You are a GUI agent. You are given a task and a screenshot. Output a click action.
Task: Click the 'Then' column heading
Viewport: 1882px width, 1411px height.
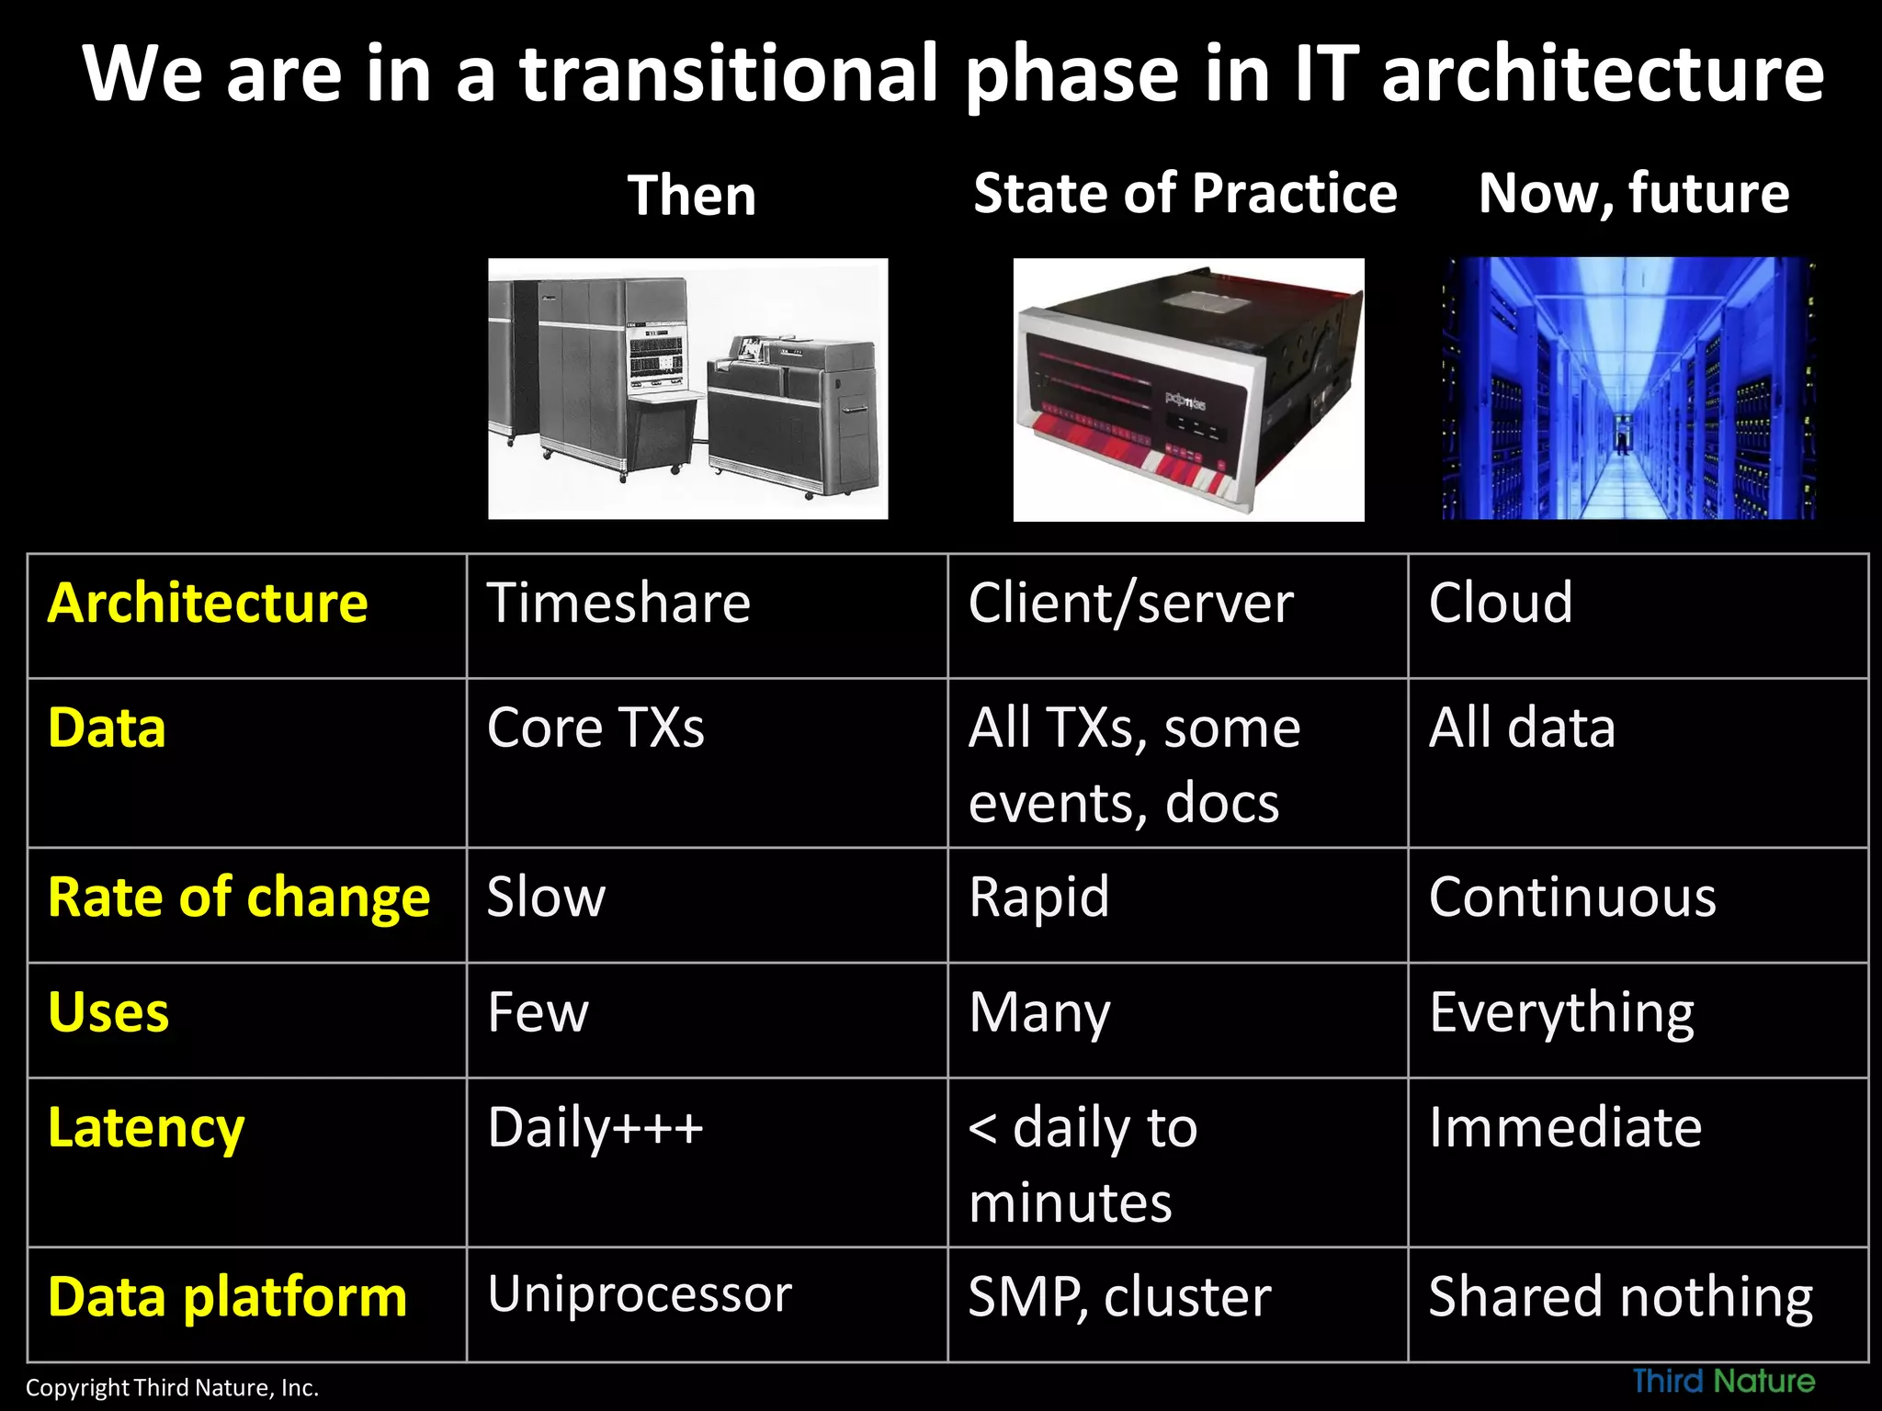click(x=692, y=196)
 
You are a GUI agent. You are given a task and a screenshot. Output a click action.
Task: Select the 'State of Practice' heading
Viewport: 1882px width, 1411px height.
click(x=1185, y=194)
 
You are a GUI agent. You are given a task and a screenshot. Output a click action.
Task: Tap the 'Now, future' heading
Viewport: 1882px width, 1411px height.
click(x=1633, y=194)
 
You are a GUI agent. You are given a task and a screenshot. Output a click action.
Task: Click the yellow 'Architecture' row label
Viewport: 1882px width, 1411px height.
click(x=208, y=604)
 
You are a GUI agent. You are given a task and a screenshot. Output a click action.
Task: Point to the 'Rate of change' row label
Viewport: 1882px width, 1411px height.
click(x=239, y=897)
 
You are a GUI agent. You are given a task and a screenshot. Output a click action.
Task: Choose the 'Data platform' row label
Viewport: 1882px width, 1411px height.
click(x=227, y=1296)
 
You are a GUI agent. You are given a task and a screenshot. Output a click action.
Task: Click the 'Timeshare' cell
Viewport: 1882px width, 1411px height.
click(x=618, y=604)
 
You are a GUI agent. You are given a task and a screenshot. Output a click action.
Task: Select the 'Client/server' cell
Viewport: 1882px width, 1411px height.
click(x=1130, y=604)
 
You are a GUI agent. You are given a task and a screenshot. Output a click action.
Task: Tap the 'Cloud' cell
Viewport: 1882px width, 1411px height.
click(x=1500, y=604)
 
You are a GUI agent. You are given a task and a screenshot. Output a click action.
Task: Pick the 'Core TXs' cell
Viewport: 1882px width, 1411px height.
click(x=595, y=728)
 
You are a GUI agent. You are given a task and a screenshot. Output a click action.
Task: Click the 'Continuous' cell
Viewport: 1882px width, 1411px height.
click(x=1571, y=897)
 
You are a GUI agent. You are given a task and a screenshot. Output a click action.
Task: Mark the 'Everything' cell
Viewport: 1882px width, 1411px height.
click(x=1561, y=1013)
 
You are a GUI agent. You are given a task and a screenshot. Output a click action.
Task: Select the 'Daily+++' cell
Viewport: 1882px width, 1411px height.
click(x=595, y=1128)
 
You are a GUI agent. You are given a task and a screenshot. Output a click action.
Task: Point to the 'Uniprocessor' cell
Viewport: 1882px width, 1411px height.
click(x=640, y=1294)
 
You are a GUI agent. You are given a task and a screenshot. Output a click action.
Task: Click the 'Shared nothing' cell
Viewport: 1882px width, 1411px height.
click(x=1620, y=1296)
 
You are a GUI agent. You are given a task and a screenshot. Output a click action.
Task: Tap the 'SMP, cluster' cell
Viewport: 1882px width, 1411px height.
click(x=1119, y=1296)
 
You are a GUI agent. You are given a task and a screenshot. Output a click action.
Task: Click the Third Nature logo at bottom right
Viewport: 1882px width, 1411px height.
click(x=1723, y=1381)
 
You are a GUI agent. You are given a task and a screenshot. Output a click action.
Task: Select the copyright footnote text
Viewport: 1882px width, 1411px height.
click(x=172, y=1387)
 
